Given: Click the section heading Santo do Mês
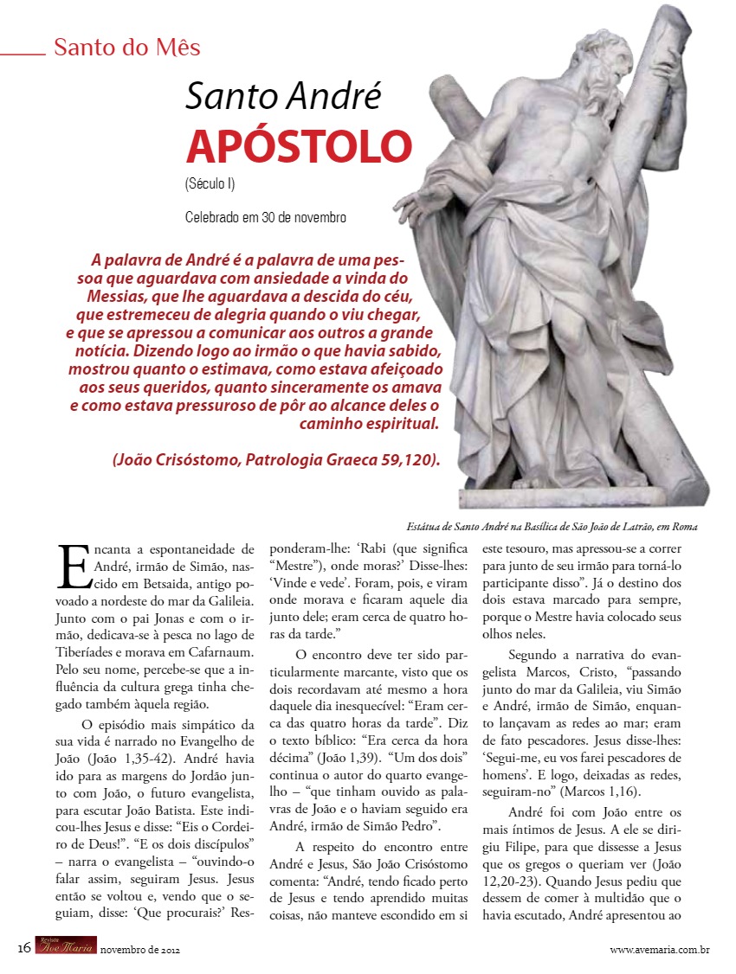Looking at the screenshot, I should (126, 47).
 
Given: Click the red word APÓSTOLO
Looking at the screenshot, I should (299, 146).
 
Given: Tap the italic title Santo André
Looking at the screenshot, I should (283, 96).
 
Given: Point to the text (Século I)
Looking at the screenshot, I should (210, 183).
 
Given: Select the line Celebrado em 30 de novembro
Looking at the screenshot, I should (266, 217).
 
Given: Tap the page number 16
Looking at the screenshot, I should (24, 950).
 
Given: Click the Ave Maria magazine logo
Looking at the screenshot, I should (67, 949).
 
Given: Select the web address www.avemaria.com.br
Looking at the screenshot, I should (660, 951).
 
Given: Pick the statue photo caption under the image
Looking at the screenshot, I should (552, 526).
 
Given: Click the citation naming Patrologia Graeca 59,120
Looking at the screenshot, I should (276, 459).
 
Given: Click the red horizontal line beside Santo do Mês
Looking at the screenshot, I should (23, 54).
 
